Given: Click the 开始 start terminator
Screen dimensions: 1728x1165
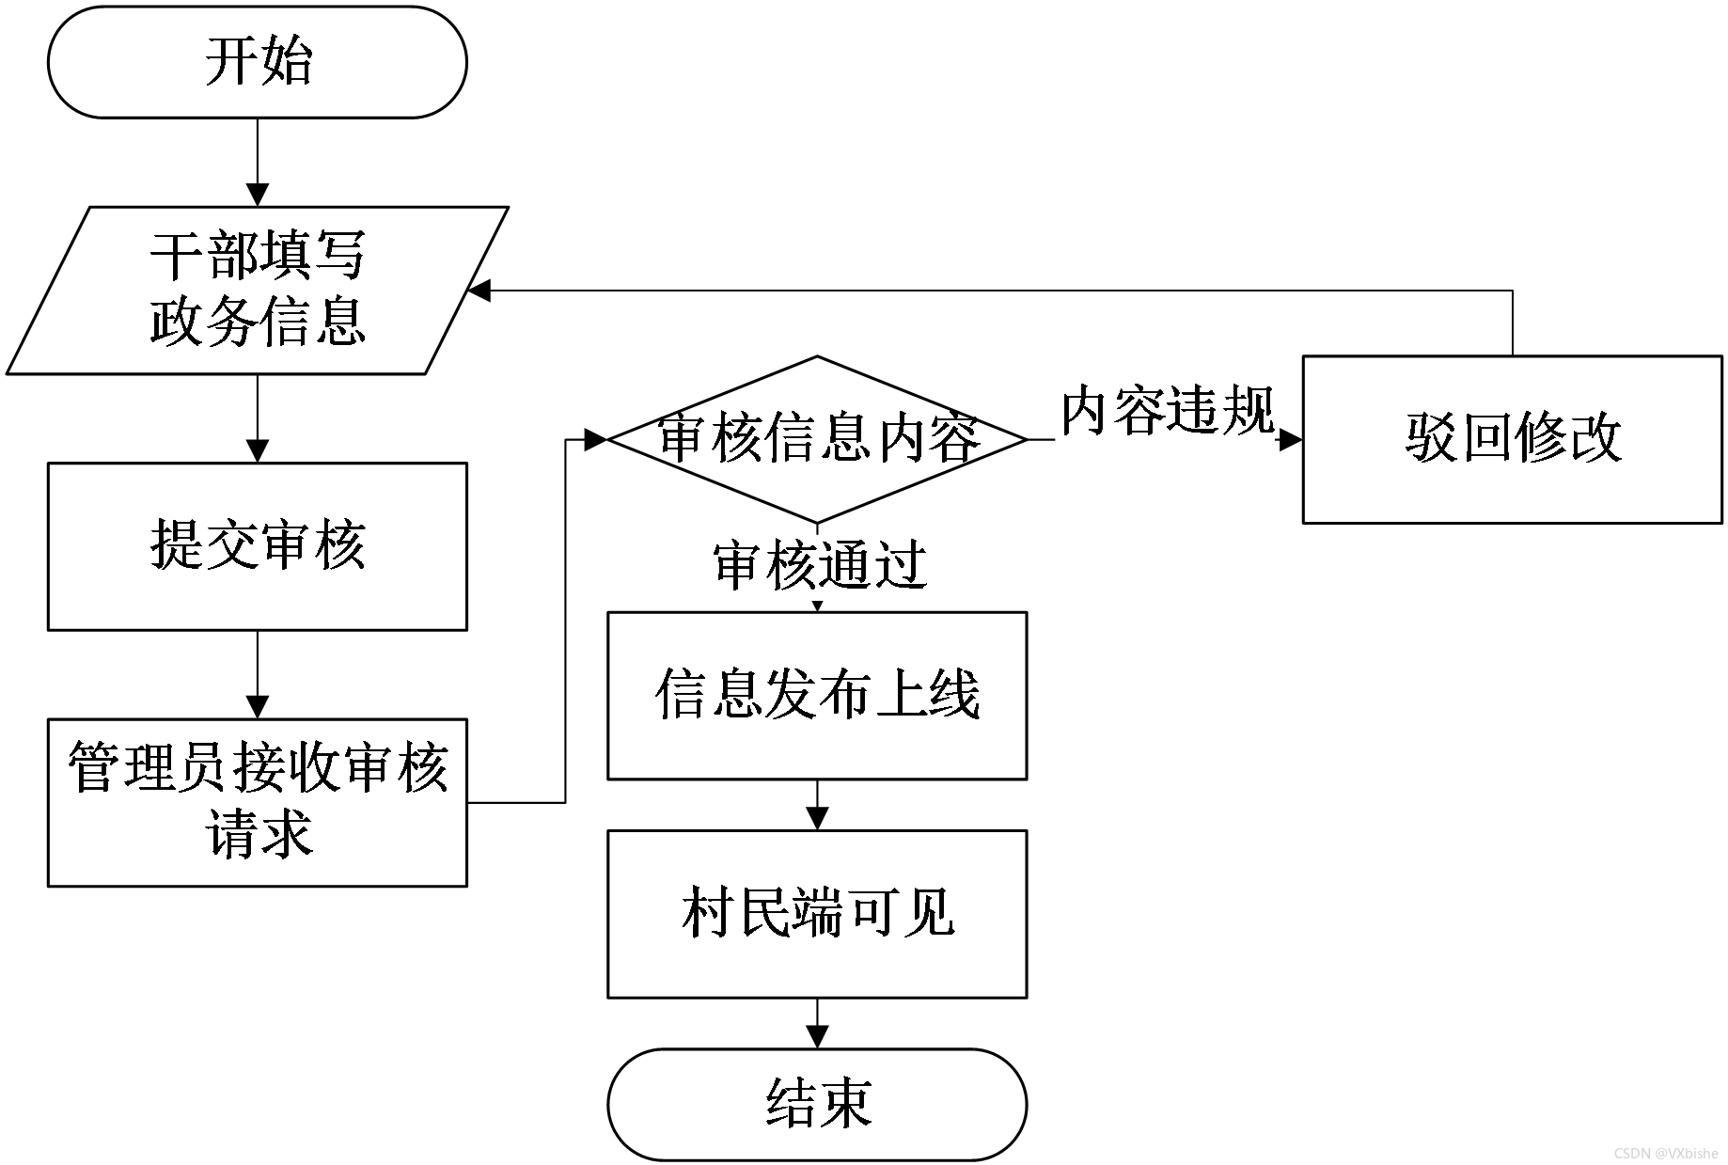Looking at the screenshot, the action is pos(257,62).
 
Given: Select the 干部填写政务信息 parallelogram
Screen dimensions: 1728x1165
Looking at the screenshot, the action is pos(257,291).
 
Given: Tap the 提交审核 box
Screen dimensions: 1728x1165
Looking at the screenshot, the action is pos(257,546).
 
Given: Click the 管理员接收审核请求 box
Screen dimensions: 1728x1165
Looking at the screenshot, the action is pos(257,803).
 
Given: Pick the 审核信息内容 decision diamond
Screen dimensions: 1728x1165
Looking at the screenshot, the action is pos(817,439).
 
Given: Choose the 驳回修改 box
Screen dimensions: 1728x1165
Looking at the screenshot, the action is pos(1512,439).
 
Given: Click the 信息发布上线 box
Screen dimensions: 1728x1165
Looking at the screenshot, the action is pos(817,696).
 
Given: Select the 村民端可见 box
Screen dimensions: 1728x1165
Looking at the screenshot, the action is pos(817,914).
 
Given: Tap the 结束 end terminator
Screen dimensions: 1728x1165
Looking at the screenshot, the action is pos(817,1105).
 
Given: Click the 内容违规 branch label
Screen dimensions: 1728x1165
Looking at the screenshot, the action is pos(1168,411).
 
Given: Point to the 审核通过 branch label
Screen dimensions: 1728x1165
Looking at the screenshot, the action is pos(821,566).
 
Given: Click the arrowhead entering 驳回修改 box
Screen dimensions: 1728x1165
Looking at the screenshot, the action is pos(1291,439).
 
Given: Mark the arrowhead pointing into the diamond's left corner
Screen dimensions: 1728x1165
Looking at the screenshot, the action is pos(596,439).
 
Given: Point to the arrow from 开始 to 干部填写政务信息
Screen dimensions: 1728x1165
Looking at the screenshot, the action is pos(257,162).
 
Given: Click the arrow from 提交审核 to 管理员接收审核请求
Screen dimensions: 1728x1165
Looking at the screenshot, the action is pos(257,675).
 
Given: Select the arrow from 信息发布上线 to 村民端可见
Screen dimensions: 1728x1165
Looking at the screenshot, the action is pos(817,806).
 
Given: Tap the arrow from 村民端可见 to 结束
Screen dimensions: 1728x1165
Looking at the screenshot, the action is pos(817,1024).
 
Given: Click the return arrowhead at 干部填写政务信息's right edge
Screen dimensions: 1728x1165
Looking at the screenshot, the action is pos(479,291).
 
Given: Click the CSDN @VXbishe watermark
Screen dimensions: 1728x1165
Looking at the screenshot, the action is pos(1666,1153).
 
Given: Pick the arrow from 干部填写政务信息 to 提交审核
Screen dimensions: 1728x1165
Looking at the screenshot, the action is pos(257,418).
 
